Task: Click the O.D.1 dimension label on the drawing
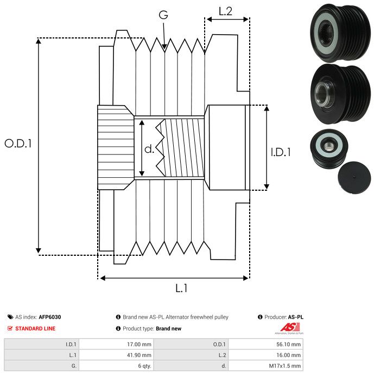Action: pos(18,144)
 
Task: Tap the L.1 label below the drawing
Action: pos(181,288)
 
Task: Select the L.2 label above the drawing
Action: pos(226,11)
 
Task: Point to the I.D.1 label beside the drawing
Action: pos(281,152)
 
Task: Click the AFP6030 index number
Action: pos(50,317)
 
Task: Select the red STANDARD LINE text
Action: pos(35,328)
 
